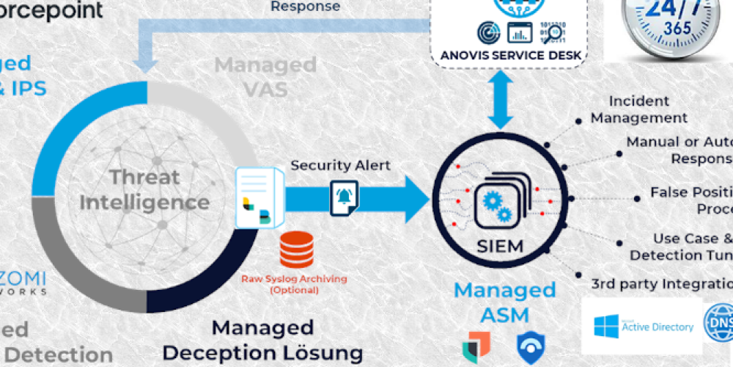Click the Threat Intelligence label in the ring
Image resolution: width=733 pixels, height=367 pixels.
(144, 189)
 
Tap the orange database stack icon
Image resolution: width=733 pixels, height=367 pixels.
(296, 250)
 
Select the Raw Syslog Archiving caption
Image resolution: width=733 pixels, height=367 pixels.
(295, 284)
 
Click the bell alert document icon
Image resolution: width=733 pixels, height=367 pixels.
(344, 197)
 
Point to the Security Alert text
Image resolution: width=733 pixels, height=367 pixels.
(341, 165)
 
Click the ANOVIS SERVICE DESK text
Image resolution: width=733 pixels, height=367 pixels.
(510, 55)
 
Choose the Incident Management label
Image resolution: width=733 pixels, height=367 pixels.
(639, 109)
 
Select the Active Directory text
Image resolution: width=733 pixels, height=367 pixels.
(657, 327)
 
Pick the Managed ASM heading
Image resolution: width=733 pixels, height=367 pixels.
(504, 302)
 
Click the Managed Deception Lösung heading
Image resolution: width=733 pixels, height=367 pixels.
(262, 340)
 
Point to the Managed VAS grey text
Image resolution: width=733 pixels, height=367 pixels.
(265, 76)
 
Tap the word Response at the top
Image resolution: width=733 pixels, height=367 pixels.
(306, 7)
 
